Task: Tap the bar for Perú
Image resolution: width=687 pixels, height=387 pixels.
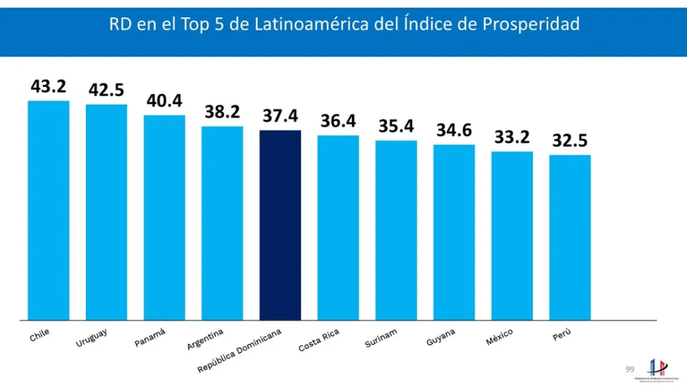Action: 570,237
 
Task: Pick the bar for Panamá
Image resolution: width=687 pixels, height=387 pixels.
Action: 164,217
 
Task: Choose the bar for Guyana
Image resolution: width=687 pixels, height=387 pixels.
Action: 454,232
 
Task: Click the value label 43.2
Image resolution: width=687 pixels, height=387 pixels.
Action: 49,87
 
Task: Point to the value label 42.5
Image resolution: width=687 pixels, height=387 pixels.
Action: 106,91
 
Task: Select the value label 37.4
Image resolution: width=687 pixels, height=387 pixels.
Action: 280,116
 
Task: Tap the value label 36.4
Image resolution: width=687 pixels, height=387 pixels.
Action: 338,122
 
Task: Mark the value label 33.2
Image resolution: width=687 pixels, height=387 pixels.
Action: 512,138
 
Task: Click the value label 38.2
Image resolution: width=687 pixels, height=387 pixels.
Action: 222,112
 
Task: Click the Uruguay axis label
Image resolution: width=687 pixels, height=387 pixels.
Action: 92,338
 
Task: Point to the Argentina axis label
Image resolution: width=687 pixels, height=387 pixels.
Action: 205,339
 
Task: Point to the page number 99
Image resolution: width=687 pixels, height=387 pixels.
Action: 630,369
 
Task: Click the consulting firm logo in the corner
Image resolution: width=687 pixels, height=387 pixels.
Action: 656,370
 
